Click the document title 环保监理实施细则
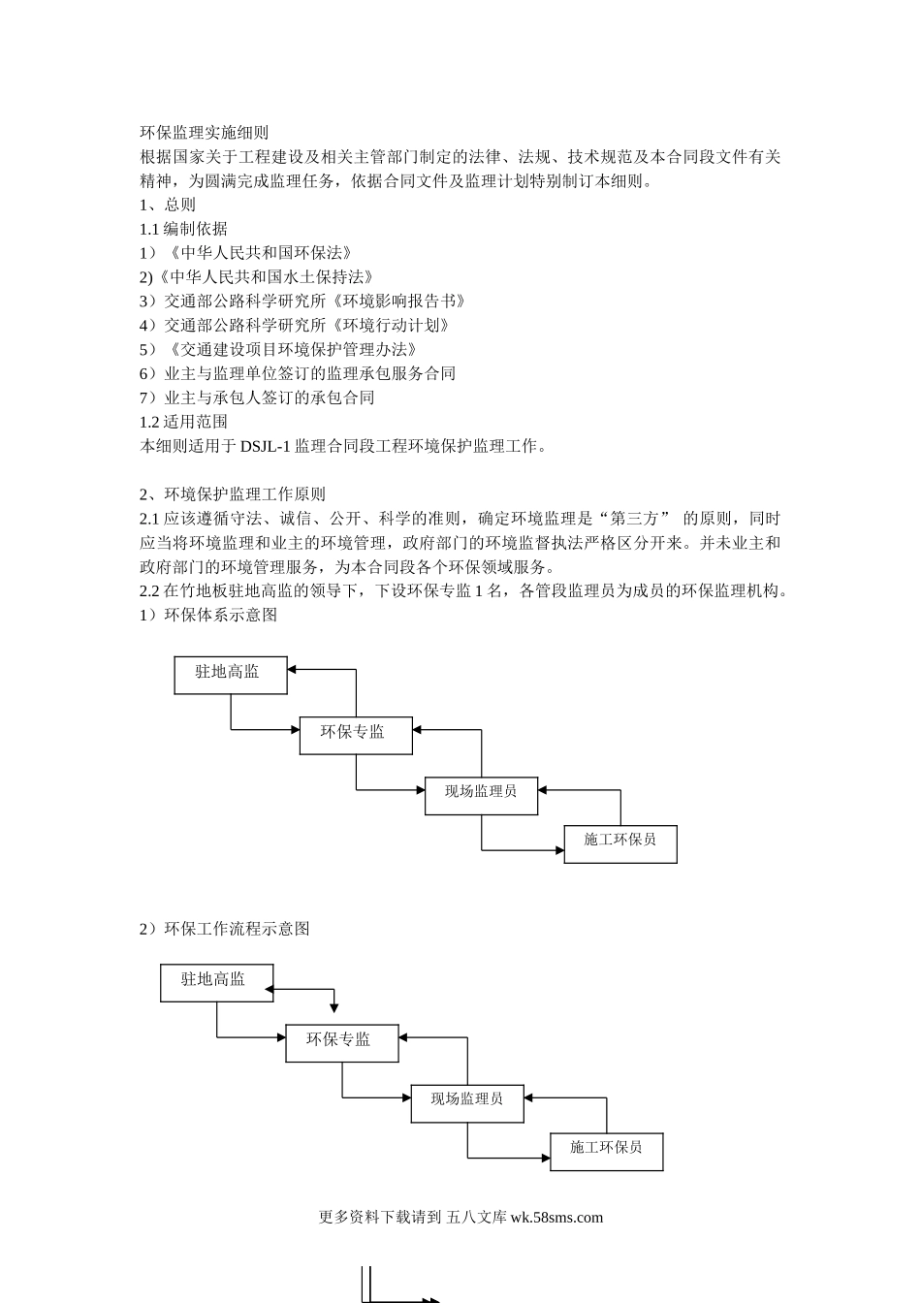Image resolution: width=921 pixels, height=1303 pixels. tap(204, 133)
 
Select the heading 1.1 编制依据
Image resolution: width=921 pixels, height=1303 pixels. tap(183, 229)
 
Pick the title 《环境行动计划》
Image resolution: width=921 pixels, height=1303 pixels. tap(391, 326)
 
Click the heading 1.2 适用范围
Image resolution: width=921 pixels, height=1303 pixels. tap(183, 422)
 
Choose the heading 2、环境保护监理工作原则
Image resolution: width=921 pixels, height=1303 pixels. tap(233, 494)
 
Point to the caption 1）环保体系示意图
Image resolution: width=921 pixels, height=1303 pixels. tap(208, 615)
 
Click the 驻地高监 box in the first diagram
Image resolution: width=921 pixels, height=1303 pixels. tap(231, 675)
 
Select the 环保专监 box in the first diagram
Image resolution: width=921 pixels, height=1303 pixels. tap(355, 735)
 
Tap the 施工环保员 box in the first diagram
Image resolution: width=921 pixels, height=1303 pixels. tap(620, 843)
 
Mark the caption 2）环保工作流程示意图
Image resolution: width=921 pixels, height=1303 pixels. tap(225, 929)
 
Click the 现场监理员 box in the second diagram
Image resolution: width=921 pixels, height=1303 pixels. tap(467, 1103)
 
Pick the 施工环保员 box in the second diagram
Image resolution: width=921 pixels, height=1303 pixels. tap(607, 1151)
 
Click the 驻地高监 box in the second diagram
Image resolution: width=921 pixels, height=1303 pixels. tap(216, 982)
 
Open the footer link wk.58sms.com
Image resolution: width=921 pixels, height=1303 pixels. tap(556, 1218)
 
